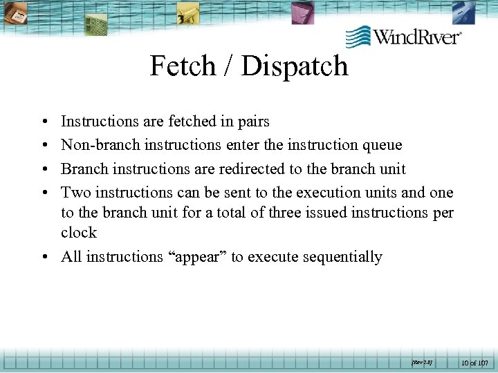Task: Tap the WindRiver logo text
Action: (x=417, y=36)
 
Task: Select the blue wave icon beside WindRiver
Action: (x=358, y=37)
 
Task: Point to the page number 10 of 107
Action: (x=475, y=361)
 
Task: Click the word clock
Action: (x=79, y=233)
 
